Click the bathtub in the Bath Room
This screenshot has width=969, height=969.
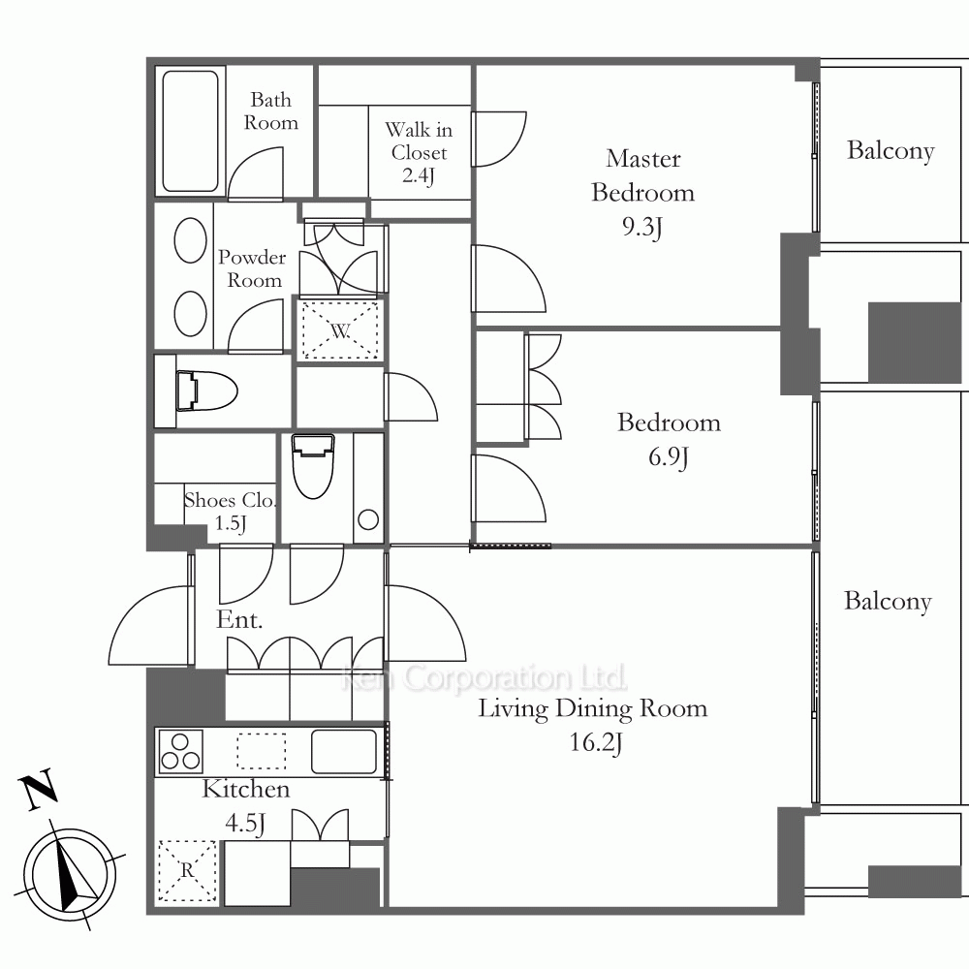190,132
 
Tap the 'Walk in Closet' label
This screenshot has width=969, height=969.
419,141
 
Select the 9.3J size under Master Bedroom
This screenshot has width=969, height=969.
642,227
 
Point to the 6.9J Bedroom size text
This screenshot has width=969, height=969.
668,456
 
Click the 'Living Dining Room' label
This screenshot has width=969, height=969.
593,708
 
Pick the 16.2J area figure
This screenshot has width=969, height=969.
595,741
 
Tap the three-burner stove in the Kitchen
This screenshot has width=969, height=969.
181,751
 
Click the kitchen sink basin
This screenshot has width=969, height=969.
344,752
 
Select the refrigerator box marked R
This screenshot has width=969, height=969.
187,870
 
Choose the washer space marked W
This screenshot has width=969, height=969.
340,330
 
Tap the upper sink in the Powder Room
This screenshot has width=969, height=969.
190,240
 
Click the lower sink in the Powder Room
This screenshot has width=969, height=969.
190,314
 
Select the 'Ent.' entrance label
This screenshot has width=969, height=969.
239,619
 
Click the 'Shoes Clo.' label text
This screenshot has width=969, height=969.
230,500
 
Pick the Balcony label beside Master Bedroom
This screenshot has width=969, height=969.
890,151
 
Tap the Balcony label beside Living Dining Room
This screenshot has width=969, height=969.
888,602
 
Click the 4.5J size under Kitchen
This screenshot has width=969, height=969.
245,823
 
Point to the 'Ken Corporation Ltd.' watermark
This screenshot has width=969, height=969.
484,677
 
